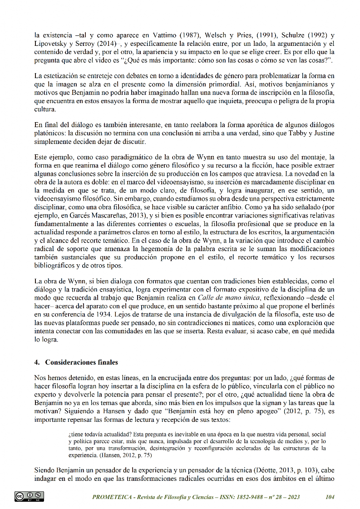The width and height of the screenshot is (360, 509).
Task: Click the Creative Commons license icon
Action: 29,496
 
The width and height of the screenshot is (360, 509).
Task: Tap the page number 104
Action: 330,497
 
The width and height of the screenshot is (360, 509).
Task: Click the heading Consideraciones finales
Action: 81,362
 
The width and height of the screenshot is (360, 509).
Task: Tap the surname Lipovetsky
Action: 50,44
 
